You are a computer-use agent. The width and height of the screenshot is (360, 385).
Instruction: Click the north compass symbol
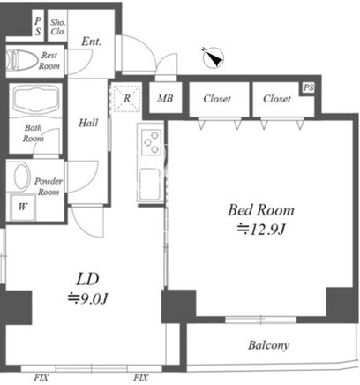point(214,57)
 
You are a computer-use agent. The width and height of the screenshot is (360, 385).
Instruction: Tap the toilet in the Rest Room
point(20,60)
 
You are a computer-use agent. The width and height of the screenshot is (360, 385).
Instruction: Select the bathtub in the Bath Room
point(36,100)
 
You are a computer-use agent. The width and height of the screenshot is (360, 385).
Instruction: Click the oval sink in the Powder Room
point(22,177)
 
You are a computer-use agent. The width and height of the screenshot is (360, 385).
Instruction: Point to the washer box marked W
point(23,207)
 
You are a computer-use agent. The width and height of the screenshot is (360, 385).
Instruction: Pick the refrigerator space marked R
point(127,98)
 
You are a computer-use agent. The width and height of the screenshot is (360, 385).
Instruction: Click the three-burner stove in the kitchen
point(151,142)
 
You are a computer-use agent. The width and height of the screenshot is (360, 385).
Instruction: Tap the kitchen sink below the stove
point(150,184)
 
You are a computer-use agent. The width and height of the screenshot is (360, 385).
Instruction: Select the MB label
point(165,98)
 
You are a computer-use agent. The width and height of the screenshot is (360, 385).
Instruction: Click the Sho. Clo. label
point(58,26)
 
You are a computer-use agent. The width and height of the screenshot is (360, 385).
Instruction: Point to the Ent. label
point(91,42)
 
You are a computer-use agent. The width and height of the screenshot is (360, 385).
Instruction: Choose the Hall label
point(88,123)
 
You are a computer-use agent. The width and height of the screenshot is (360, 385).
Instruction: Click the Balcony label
point(268,345)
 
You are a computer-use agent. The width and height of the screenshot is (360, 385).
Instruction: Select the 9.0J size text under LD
point(88,298)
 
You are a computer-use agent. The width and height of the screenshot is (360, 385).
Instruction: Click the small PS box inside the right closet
point(308,87)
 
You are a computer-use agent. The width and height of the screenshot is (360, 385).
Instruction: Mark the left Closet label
point(217,99)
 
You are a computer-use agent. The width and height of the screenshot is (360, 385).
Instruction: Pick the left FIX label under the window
point(41,378)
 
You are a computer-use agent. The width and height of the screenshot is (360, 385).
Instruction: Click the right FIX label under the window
point(141,378)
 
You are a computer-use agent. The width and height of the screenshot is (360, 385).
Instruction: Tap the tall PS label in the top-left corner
point(38,26)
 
